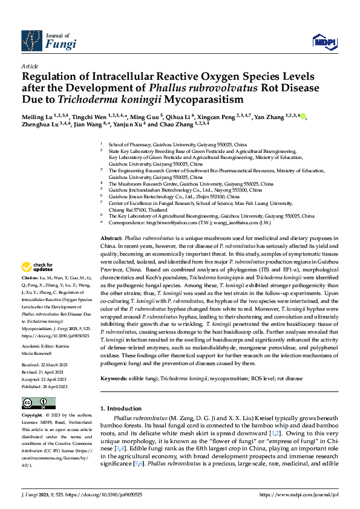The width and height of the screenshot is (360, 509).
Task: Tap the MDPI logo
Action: click(x=321, y=41)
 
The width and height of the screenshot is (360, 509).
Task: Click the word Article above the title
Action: click(x=29, y=65)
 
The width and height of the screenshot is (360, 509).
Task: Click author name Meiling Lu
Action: click(x=34, y=116)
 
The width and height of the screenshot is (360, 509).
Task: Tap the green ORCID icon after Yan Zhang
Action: click(x=303, y=116)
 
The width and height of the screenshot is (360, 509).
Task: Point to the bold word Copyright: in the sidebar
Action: click(x=33, y=416)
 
